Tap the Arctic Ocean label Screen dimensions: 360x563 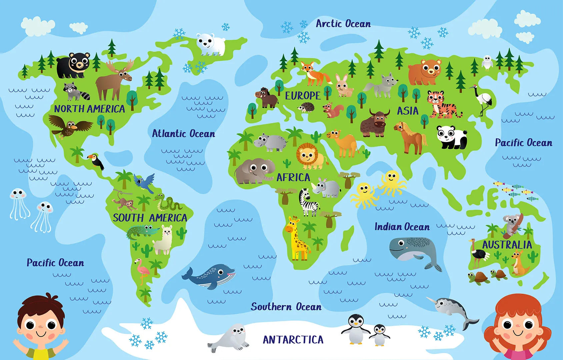tap(343, 24)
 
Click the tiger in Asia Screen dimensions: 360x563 tap(442, 104)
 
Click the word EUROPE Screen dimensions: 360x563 tap(302, 96)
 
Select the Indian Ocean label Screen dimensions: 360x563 tap(402, 227)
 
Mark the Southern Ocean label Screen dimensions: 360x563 tap(286, 307)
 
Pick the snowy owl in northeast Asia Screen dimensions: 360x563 tap(487, 63)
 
